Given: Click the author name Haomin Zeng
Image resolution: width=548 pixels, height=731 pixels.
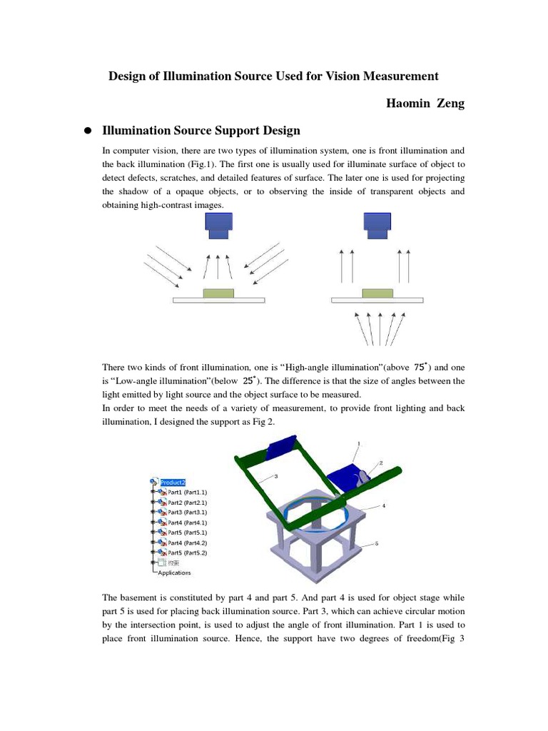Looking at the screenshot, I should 425,104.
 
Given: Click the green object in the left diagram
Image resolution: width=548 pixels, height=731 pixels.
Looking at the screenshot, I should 218,293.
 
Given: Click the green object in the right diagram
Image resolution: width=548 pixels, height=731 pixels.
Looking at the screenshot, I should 377,293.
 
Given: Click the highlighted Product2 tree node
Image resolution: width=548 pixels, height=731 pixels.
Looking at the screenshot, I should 173,482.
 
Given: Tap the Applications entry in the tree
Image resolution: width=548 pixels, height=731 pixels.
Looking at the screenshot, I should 174,573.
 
